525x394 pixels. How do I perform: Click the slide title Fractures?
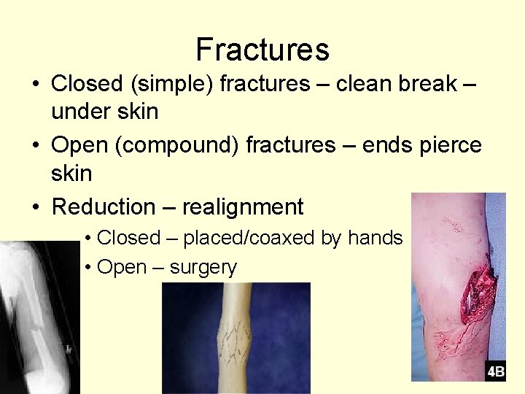[x=262, y=50]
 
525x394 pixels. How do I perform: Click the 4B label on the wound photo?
[x=496, y=371]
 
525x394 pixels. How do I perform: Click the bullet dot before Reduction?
[x=35, y=207]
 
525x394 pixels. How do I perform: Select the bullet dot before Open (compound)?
[x=35, y=146]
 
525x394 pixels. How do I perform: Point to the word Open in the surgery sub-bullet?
[x=121, y=268]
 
